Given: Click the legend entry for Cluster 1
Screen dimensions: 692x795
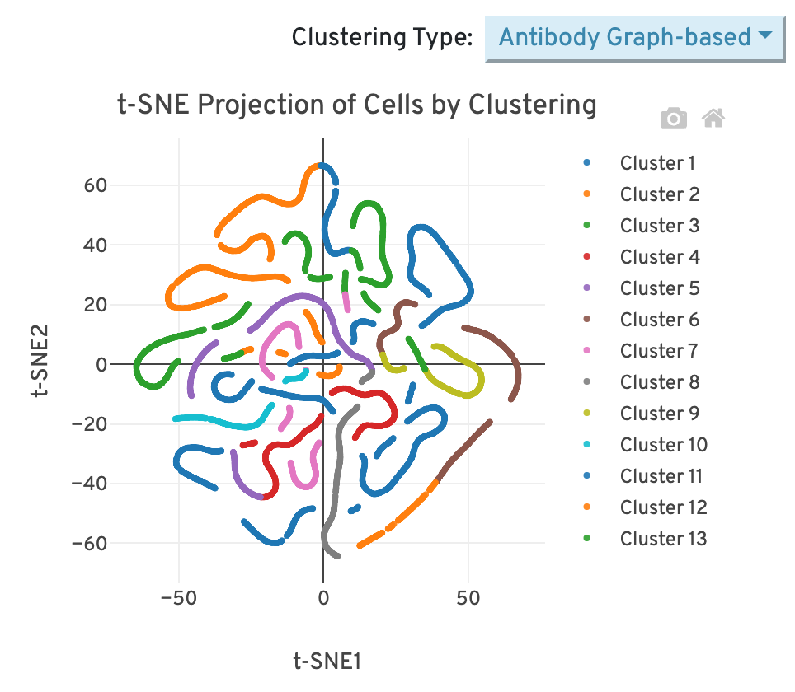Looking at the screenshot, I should [656, 163].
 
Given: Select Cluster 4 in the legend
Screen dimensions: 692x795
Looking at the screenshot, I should [659, 257].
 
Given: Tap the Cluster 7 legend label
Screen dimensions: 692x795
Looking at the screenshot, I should [659, 351].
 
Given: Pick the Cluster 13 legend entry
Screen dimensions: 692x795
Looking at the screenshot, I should [663, 539].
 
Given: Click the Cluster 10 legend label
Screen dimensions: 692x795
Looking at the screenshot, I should [663, 445].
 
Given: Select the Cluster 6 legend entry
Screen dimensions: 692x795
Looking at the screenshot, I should [659, 320].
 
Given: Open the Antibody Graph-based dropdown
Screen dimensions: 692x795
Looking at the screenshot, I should [633, 37].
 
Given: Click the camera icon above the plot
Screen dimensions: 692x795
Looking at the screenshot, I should [674, 119].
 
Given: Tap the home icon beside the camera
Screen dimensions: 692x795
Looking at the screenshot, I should [713, 119].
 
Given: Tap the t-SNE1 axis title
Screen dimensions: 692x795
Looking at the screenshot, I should [327, 662].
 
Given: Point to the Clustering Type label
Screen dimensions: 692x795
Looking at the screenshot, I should [383, 37].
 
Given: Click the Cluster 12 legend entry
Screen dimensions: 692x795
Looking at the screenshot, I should [663, 507].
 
